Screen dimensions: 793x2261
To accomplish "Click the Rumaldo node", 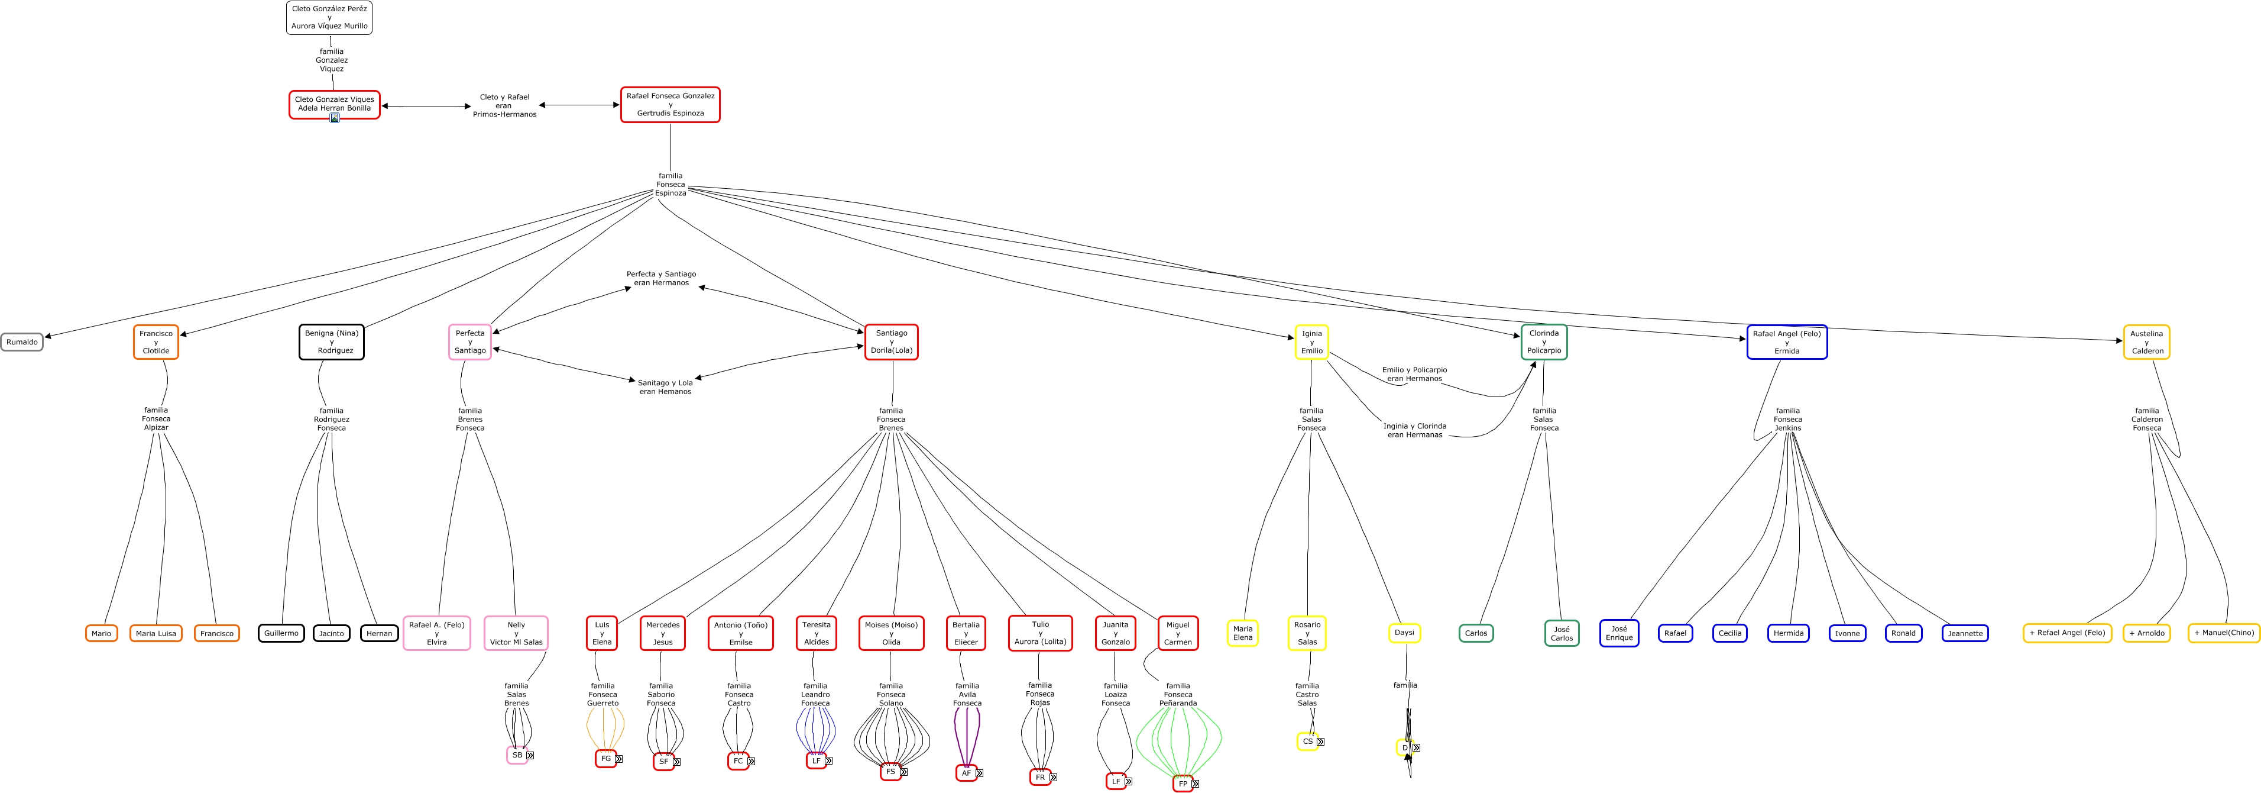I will (x=22, y=341).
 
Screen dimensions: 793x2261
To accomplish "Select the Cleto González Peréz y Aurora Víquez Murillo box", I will (x=329, y=18).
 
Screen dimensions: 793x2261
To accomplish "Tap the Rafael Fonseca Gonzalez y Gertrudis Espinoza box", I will (x=670, y=105).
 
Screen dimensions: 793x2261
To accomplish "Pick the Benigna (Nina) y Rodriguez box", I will (x=331, y=341).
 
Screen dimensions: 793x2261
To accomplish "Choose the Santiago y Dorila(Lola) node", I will (x=891, y=341).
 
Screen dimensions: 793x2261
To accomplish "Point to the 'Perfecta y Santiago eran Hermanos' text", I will (x=661, y=278).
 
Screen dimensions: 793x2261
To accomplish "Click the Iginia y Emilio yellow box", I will (x=1311, y=341).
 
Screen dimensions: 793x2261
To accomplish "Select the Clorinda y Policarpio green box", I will (x=1543, y=341).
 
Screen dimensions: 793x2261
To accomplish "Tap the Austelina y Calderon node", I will (x=2146, y=341).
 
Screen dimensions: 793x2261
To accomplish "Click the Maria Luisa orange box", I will (x=156, y=633).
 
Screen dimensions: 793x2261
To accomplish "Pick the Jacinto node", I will (x=331, y=633).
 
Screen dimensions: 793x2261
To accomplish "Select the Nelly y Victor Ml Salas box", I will (x=516, y=633).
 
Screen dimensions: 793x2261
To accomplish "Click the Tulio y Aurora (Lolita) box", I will (x=1040, y=633).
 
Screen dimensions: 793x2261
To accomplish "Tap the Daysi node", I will (x=1404, y=632).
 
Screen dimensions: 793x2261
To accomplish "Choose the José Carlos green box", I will (x=1562, y=633).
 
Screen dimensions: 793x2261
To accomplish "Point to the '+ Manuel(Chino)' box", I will (x=2223, y=632).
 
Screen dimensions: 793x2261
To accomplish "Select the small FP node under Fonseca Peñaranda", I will (x=1183, y=784).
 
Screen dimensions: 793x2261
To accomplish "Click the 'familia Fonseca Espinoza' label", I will (x=670, y=185).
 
